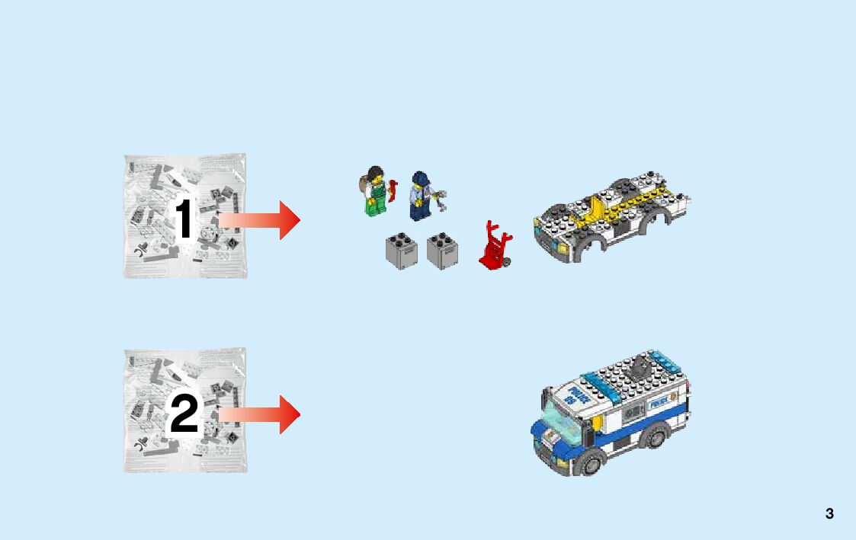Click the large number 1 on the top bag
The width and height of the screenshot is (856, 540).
pos(184,219)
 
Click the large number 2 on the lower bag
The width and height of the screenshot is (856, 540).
pos(184,415)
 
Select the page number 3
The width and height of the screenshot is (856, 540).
pos(829,514)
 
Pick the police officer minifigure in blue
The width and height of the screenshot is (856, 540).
pos(418,197)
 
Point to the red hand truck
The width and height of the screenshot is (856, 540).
pos(495,245)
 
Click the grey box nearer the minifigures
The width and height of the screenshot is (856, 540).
pos(401,251)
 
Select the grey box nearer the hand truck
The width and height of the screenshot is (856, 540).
pos(442,251)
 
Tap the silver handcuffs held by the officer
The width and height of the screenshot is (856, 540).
pos(440,200)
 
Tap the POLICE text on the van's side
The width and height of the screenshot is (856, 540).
pos(659,398)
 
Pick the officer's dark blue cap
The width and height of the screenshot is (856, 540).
pos(421,177)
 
